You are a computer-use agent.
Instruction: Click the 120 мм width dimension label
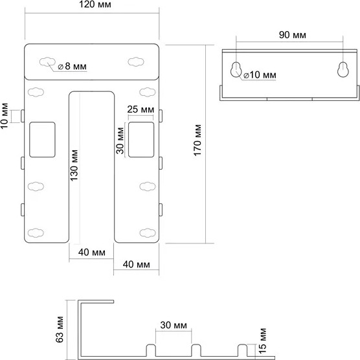[x=95, y=5]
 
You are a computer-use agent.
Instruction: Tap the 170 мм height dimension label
[x=197, y=141]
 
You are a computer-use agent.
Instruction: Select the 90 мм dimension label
[x=293, y=35]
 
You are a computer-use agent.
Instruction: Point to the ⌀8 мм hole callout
[x=73, y=66]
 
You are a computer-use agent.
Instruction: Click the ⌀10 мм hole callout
[x=260, y=75]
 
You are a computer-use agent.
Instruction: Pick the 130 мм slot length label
[x=74, y=165]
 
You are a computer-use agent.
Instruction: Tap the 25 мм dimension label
[x=141, y=109]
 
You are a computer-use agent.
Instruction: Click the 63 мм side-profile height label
[x=60, y=330]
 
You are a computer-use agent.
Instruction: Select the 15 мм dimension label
[x=262, y=341]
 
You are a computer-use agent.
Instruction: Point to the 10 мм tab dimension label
[x=5, y=116]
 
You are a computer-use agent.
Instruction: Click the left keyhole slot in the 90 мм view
[x=236, y=69]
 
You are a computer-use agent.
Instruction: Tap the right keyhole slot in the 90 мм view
[x=343, y=69]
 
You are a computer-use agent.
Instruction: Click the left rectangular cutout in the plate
[x=42, y=140]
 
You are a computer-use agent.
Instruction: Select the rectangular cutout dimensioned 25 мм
[x=141, y=140]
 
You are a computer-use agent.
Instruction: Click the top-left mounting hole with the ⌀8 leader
[x=47, y=62]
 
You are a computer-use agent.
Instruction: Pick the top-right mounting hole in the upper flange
[x=136, y=62]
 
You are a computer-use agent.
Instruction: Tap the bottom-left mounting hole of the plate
[x=36, y=233]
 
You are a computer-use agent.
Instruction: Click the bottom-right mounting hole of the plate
[x=148, y=233]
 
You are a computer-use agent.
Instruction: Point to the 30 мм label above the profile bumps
[x=174, y=325]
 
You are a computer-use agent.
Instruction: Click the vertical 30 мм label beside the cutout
[x=120, y=141]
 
